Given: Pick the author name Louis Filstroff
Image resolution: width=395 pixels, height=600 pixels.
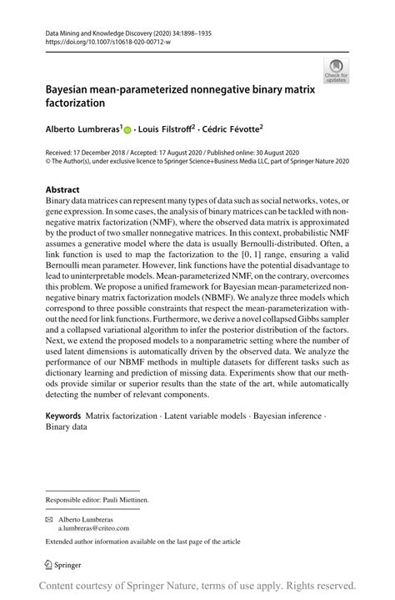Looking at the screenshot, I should coord(167,129).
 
